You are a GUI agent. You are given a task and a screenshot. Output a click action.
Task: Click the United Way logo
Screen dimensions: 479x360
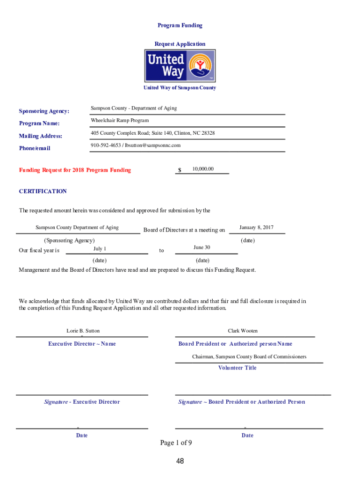click(x=180, y=66)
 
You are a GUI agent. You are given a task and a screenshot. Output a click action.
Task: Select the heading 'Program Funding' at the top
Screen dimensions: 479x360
click(x=180, y=25)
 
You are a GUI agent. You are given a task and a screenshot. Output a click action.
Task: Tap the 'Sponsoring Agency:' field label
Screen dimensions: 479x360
click(x=44, y=111)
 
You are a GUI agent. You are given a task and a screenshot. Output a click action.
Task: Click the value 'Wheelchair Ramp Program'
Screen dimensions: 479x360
click(x=120, y=121)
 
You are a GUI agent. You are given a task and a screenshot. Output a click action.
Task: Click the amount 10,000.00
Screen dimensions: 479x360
click(x=203, y=169)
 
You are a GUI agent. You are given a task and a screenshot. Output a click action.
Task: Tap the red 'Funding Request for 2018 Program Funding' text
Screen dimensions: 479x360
click(x=75, y=170)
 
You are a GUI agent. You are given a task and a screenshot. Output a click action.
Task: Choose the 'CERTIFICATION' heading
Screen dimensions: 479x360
click(x=43, y=191)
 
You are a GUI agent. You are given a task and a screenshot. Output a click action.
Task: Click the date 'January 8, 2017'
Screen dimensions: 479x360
click(x=256, y=228)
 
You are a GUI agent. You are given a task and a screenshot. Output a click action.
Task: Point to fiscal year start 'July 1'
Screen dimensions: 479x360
click(x=100, y=249)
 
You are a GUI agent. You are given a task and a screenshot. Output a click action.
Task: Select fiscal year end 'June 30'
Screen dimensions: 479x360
click(x=202, y=247)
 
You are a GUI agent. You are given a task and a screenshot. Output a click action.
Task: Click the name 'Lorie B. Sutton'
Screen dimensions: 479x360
click(x=83, y=331)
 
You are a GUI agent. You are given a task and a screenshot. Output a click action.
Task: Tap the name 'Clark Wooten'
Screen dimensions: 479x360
click(x=243, y=331)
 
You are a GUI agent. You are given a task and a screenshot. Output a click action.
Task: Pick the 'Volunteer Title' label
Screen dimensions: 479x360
click(x=238, y=368)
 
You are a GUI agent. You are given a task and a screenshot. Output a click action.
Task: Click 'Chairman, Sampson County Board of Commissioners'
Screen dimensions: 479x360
click(x=249, y=357)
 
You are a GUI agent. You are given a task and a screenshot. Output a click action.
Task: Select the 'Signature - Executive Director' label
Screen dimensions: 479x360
click(x=82, y=402)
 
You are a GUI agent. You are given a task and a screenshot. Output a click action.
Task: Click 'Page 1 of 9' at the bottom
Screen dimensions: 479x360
click(x=176, y=443)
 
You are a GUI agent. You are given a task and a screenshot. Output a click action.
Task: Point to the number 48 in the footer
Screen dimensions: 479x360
click(x=180, y=462)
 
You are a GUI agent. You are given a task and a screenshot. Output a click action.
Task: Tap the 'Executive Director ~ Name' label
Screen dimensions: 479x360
click(x=82, y=344)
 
